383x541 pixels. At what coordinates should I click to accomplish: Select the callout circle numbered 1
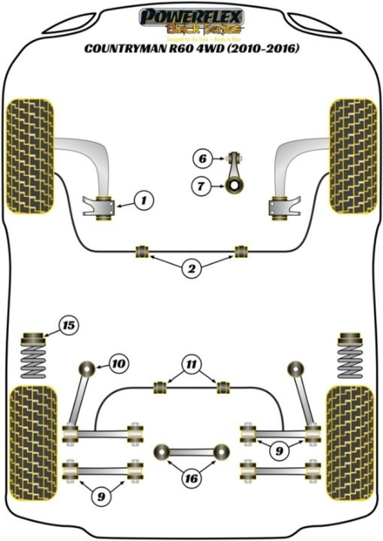click(x=143, y=200)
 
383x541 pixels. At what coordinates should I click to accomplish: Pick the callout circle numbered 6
click(x=202, y=158)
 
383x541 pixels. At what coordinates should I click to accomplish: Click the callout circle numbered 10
click(x=118, y=364)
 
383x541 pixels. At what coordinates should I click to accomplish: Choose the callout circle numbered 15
click(x=69, y=323)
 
